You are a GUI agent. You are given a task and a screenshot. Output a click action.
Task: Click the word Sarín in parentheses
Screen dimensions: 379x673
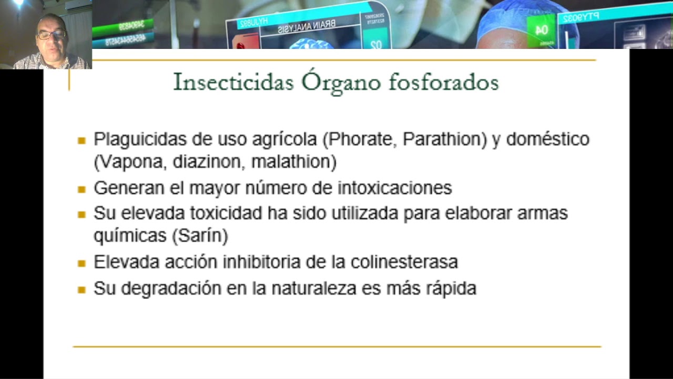click(x=200, y=236)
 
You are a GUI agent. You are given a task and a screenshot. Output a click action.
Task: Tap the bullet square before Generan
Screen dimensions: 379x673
click(x=81, y=189)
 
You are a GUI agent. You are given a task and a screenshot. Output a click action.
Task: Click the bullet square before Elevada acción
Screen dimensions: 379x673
click(x=81, y=263)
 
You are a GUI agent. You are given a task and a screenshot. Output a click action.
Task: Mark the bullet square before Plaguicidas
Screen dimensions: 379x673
click(x=81, y=140)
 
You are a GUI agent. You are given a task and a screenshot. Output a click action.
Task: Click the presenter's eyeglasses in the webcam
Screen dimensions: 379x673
click(x=51, y=35)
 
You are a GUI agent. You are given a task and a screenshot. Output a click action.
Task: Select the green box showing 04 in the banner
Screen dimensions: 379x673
click(x=541, y=31)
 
